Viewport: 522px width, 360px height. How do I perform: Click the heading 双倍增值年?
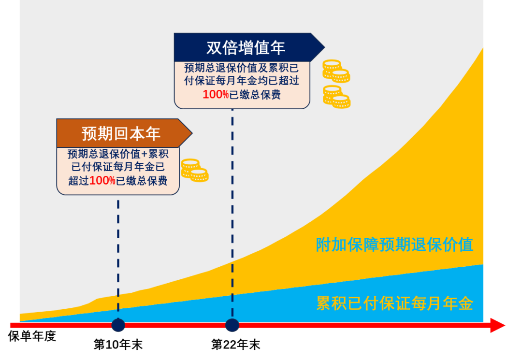246,48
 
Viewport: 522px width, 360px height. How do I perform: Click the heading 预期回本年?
121,133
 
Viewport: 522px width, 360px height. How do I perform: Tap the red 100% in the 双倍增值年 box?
216,95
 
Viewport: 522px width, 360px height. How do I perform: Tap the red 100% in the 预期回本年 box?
102,181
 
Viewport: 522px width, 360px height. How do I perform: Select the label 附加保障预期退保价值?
394,245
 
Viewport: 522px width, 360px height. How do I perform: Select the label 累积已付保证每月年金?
394,303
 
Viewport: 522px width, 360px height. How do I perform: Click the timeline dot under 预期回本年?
118,325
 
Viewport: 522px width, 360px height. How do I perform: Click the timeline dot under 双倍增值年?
232,325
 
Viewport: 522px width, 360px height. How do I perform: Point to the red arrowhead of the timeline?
498,325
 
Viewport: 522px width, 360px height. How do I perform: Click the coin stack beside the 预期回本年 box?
194,171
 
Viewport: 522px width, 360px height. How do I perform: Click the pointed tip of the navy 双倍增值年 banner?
323,47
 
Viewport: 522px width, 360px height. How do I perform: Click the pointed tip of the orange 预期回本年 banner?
191,133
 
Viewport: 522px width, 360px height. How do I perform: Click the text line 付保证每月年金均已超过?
242,81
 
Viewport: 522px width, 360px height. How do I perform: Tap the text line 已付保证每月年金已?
118,168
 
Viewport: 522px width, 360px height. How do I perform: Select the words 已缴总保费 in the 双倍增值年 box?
255,95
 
